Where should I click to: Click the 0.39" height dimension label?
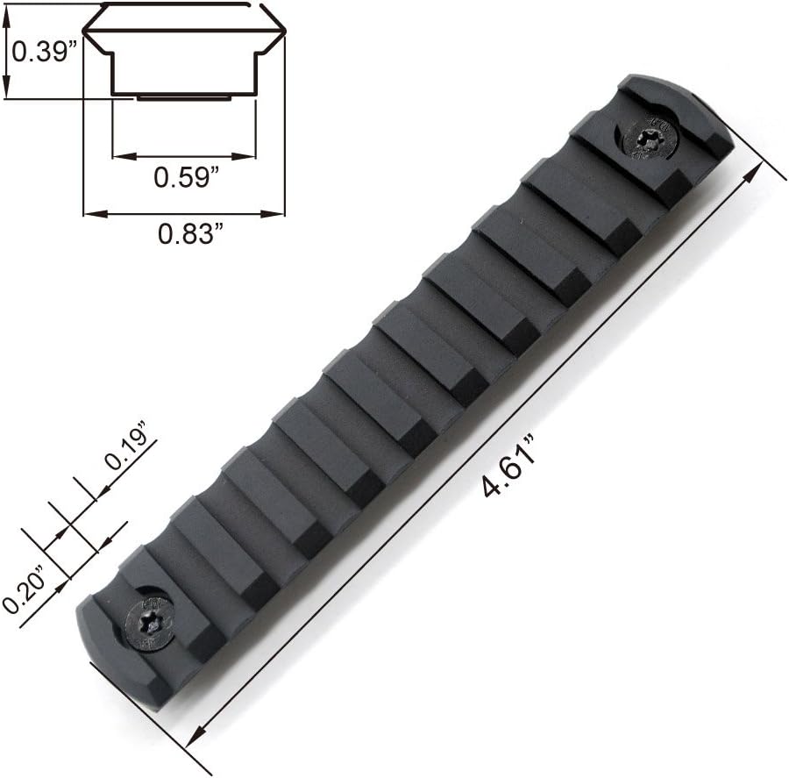[46, 51]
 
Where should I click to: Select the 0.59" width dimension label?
[187, 177]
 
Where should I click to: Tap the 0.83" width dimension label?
[191, 233]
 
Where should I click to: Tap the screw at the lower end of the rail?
[151, 624]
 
